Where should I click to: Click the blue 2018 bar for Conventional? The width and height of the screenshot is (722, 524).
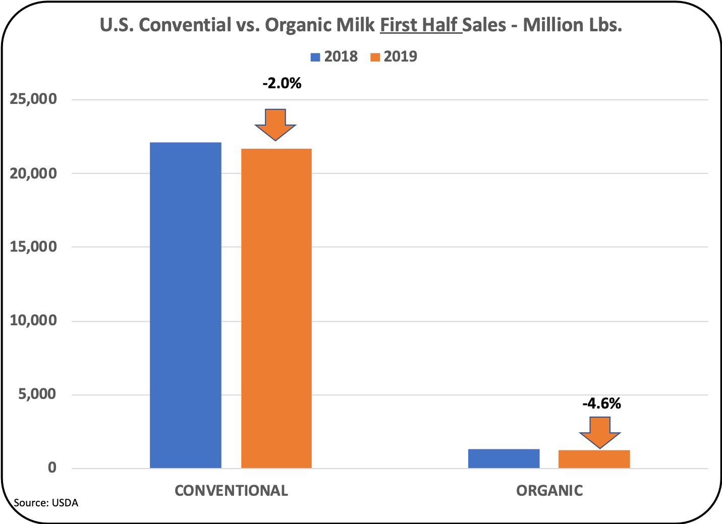click(x=186, y=305)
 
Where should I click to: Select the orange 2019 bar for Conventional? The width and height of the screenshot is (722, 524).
click(x=276, y=308)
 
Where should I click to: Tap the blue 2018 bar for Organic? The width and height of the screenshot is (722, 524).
click(x=504, y=458)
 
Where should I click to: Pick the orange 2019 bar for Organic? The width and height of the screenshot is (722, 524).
click(x=594, y=459)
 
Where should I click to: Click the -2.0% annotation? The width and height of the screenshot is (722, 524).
click(x=282, y=83)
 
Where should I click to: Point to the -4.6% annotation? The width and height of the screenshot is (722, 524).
click(x=601, y=403)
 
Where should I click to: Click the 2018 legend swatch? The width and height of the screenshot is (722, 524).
click(x=315, y=57)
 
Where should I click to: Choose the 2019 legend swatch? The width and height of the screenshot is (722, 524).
click(x=375, y=57)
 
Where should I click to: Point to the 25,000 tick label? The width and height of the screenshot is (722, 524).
click(x=34, y=99)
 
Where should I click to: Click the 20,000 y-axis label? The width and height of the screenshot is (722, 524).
click(x=34, y=173)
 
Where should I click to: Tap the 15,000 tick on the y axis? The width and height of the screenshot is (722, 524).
click(x=34, y=247)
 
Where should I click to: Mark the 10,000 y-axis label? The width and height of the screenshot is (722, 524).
click(x=34, y=321)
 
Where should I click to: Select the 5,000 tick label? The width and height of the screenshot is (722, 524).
click(x=37, y=394)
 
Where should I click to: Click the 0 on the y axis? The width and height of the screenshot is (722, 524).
click(x=52, y=468)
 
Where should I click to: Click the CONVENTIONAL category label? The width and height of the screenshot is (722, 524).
click(x=231, y=491)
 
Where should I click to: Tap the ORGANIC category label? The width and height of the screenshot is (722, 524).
click(x=549, y=491)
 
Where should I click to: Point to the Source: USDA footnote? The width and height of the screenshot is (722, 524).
click(x=46, y=503)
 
